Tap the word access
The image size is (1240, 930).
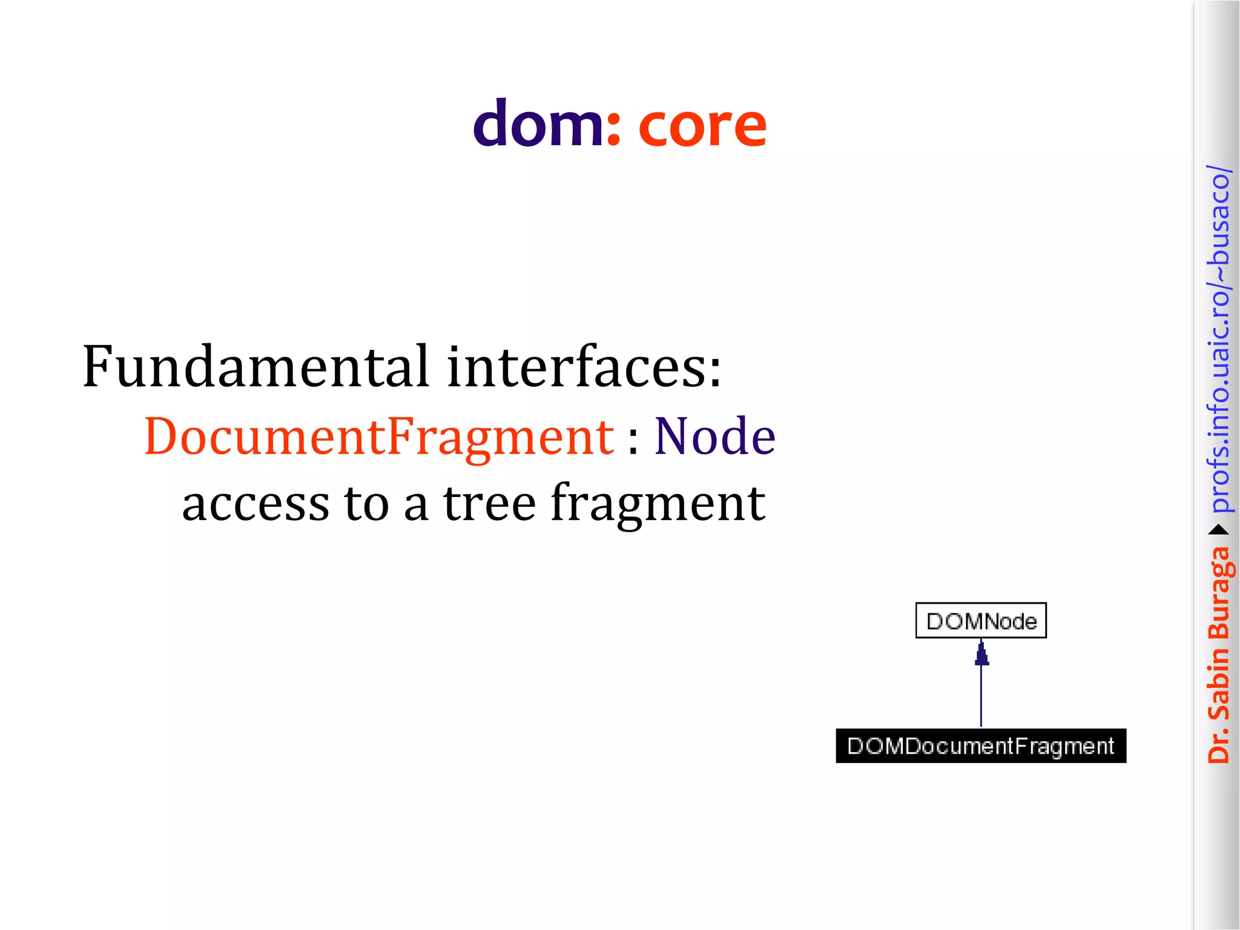click(256, 504)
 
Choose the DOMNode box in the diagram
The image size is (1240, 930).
click(981, 621)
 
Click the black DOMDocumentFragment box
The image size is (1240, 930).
click(981, 746)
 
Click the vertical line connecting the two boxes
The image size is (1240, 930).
click(981, 696)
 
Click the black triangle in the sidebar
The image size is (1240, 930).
click(1219, 530)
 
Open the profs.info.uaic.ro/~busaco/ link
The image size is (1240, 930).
click(1219, 339)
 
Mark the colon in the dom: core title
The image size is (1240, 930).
click(613, 131)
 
